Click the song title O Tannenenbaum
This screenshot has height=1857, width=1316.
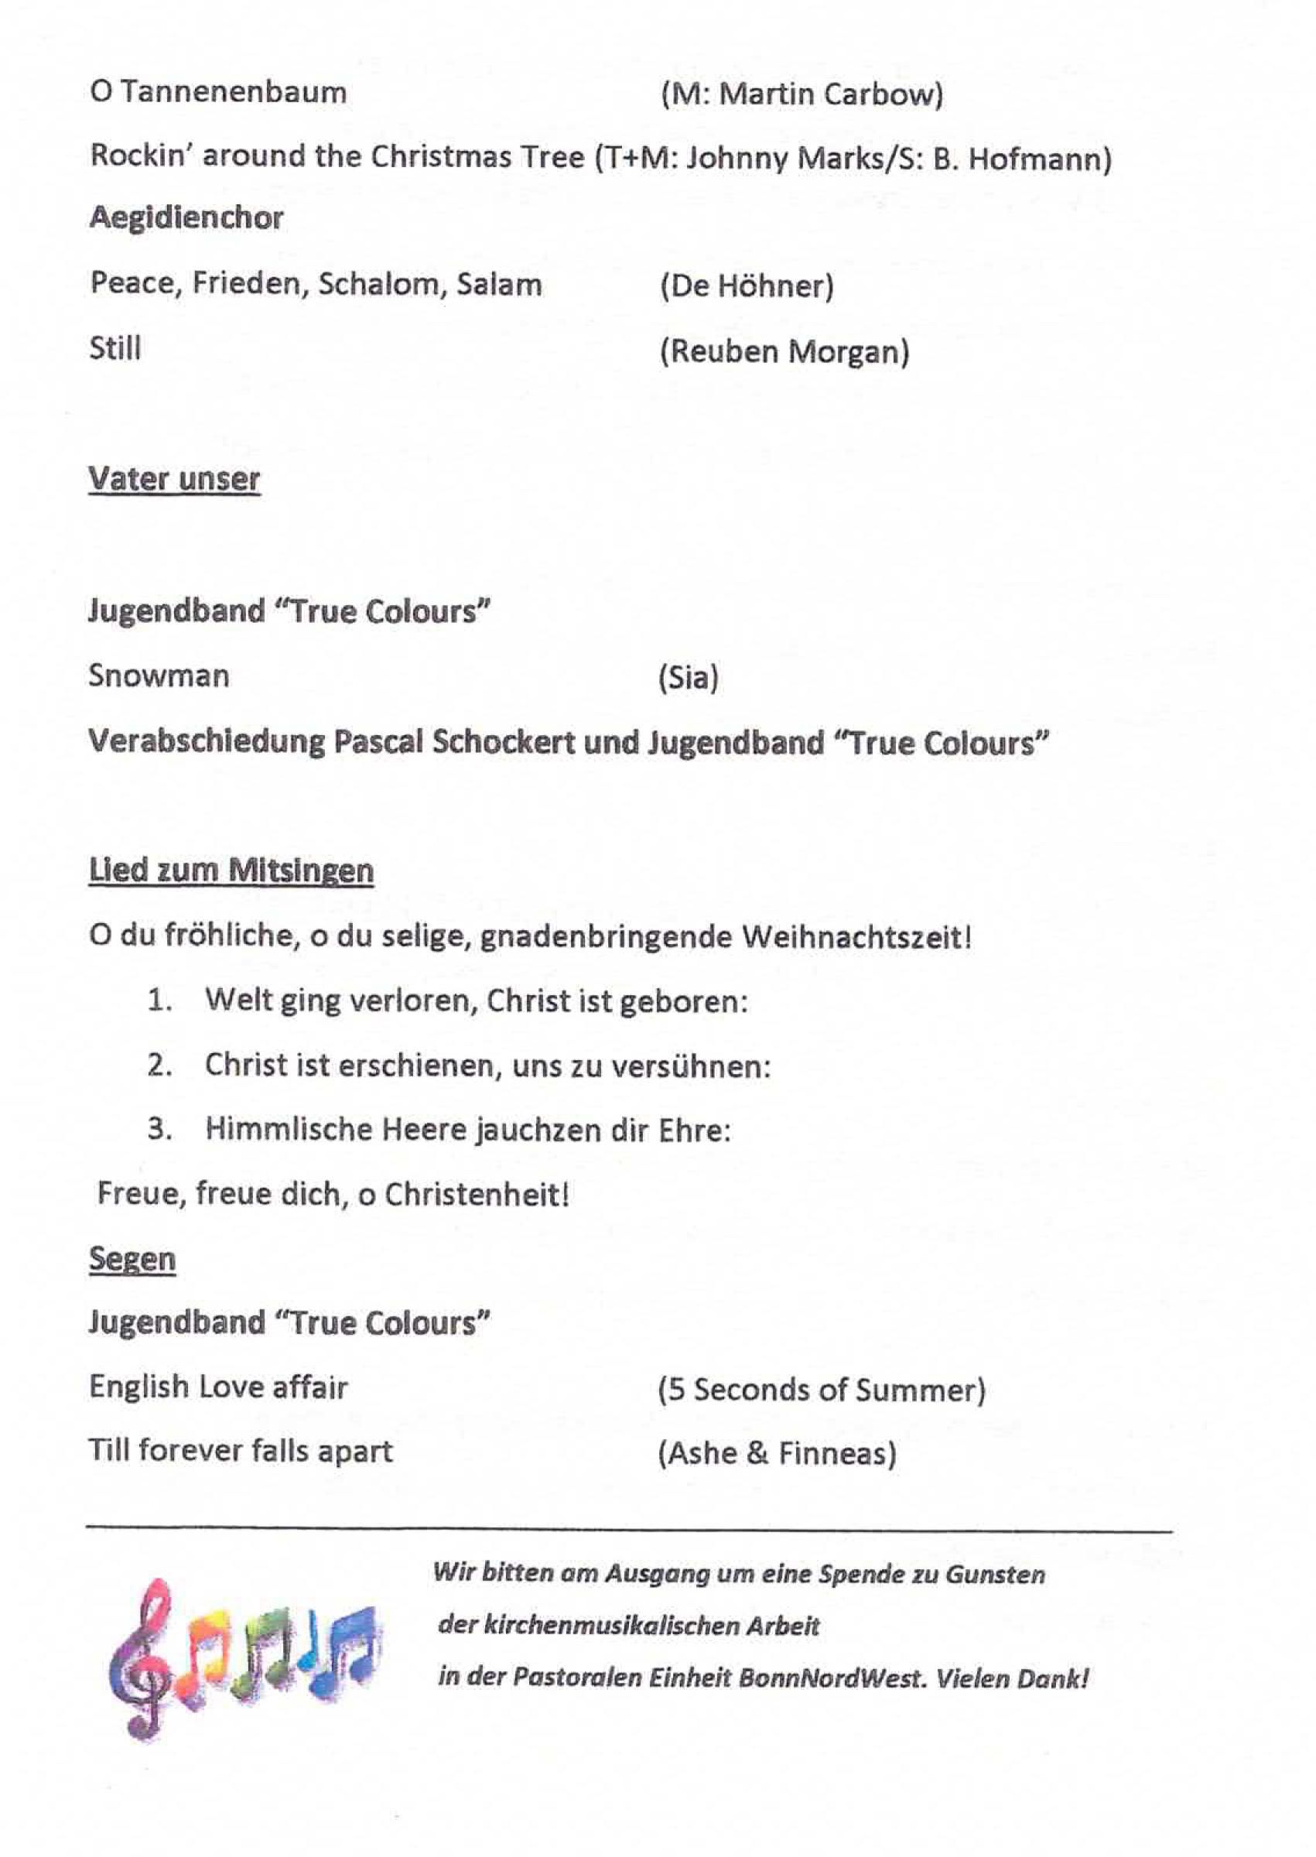(x=218, y=91)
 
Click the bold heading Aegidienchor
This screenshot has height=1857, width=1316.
(x=186, y=218)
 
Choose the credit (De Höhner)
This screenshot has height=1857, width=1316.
(x=747, y=286)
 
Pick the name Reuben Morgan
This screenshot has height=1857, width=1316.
(x=784, y=351)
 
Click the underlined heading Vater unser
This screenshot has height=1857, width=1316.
(x=174, y=479)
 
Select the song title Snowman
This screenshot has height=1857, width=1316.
(x=159, y=675)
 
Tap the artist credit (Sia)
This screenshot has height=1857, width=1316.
(x=688, y=677)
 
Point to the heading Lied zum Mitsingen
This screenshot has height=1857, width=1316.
(x=231, y=871)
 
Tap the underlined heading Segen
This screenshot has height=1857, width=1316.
(x=132, y=1258)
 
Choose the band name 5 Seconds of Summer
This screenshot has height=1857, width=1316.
(x=822, y=1390)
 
